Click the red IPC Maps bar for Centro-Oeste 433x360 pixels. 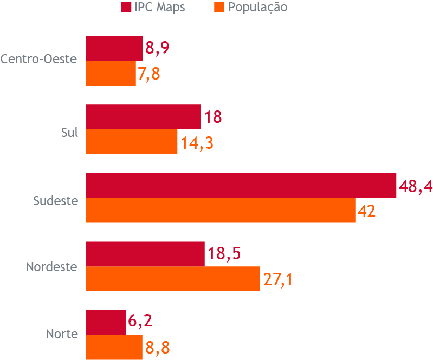114,49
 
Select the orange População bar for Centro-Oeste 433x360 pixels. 111,74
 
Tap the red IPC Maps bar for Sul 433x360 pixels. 143,117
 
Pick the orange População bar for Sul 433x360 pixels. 132,142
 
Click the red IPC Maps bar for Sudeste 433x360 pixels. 241,186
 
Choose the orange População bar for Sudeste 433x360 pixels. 220,211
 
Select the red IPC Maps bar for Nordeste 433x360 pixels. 145,254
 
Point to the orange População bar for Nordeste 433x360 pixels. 173,279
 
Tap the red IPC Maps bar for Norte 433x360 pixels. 106,323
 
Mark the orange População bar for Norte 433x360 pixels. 114,348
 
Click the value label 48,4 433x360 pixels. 415,187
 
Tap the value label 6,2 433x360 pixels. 140,322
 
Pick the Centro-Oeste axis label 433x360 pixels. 39,60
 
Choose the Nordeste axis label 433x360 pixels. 52,267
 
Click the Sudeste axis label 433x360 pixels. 56,201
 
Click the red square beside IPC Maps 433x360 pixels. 126,8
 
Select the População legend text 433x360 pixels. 257,8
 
